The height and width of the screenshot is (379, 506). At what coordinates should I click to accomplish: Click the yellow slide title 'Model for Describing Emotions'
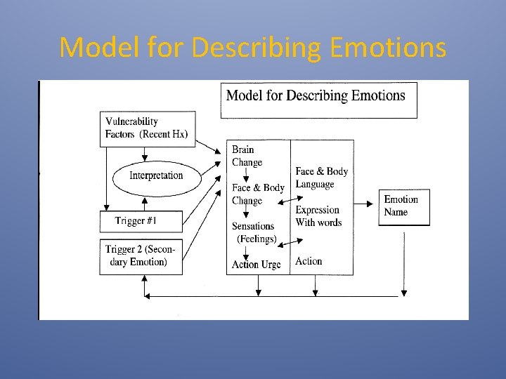252,48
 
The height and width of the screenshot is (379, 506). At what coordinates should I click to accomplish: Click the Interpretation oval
156,175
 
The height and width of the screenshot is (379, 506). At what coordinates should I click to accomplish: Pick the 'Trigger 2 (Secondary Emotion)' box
141,256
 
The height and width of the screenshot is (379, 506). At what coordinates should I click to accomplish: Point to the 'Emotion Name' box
404,206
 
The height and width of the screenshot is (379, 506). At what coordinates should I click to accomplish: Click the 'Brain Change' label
247,156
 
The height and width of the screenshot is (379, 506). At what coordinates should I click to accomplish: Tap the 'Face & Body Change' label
257,194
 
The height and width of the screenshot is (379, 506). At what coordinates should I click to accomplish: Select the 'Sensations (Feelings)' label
254,232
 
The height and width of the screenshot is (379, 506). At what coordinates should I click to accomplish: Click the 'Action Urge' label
256,265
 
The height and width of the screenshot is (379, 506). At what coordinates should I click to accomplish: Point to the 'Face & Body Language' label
321,178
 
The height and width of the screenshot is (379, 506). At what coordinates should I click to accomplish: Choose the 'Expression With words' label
318,216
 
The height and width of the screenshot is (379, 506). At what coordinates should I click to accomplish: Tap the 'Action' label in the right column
309,261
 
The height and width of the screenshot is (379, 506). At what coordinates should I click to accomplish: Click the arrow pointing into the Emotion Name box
367,204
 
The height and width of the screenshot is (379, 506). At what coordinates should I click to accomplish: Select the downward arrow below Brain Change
247,175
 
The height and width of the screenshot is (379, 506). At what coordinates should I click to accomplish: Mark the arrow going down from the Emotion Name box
403,260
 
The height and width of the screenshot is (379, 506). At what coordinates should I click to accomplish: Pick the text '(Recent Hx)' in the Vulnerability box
164,134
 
